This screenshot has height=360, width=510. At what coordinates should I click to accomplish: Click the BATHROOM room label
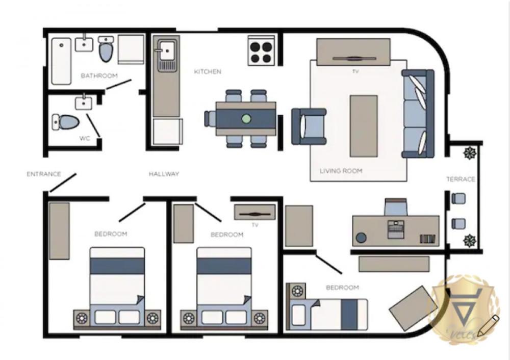(99, 75)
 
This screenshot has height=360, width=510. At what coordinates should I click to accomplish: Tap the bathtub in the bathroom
(61, 61)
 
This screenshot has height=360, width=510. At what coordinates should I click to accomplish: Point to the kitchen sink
(166, 52)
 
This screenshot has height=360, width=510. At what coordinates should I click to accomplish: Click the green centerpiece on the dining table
(246, 119)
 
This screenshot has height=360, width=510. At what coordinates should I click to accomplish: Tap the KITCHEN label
(208, 72)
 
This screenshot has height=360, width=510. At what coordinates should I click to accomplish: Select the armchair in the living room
(308, 126)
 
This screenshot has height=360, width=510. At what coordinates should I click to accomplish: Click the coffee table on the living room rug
(364, 125)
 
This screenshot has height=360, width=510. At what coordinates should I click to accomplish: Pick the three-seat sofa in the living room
(418, 114)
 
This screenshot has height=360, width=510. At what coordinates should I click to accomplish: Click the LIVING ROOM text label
(341, 171)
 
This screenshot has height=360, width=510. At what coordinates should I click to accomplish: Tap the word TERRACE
(461, 179)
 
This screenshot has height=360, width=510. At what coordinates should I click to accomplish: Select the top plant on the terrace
(468, 152)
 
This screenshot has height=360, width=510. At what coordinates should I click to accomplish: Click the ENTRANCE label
(44, 174)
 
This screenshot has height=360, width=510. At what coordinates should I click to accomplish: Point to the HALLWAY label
(164, 174)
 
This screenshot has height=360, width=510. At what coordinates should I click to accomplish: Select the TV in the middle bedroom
(254, 212)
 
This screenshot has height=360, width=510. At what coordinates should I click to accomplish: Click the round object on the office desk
(362, 238)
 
